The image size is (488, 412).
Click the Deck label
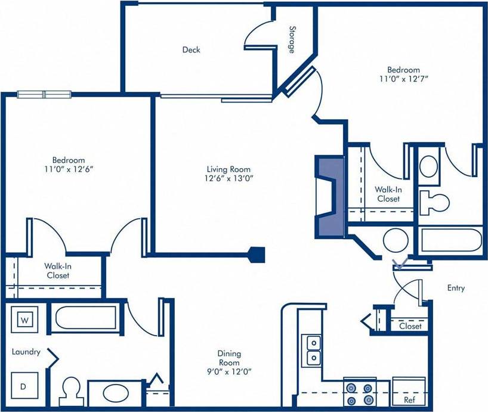191,50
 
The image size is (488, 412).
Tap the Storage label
292,39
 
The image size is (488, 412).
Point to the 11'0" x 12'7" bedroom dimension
403,78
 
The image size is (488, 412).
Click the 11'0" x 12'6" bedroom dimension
68,169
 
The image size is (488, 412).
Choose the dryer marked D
24,386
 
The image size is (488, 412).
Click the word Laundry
26,352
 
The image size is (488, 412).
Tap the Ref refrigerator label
409,400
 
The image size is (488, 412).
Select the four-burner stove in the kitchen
360,394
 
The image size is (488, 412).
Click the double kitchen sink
313,350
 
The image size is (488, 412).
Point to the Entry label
456,288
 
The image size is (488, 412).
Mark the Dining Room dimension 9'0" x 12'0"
228,371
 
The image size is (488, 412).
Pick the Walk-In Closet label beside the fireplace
387,194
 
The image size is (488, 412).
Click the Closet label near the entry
410,326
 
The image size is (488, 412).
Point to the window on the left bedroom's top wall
44,94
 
